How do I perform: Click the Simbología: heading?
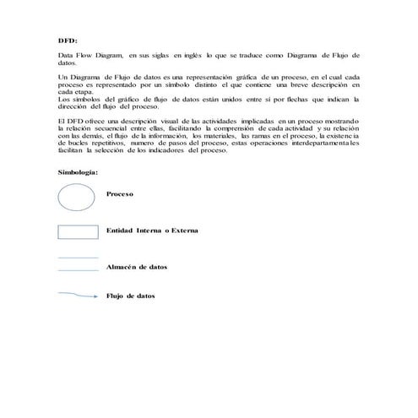78,172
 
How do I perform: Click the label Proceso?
121,193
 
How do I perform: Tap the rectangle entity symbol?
78,231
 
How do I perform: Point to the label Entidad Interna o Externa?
153,230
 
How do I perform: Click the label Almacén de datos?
137,266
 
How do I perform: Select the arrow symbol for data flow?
78,296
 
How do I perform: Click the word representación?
188,77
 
